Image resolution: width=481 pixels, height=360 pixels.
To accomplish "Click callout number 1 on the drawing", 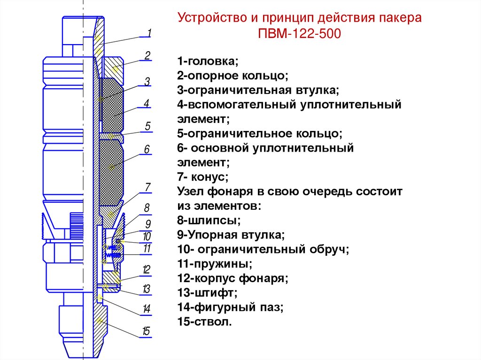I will click(x=149, y=33).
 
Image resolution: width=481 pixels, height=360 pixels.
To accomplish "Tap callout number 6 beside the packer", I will click(x=147, y=150).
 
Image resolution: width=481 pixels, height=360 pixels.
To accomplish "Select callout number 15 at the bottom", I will click(x=146, y=332).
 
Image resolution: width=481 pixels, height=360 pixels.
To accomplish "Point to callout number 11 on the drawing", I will click(x=147, y=249).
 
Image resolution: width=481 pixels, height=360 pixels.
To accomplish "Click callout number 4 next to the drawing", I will click(x=147, y=103).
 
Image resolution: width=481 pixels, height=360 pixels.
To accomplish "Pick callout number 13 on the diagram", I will click(x=147, y=289).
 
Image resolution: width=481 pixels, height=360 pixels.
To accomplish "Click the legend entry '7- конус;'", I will click(x=202, y=177).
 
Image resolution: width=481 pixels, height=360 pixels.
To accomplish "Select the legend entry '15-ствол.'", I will click(x=205, y=322).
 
